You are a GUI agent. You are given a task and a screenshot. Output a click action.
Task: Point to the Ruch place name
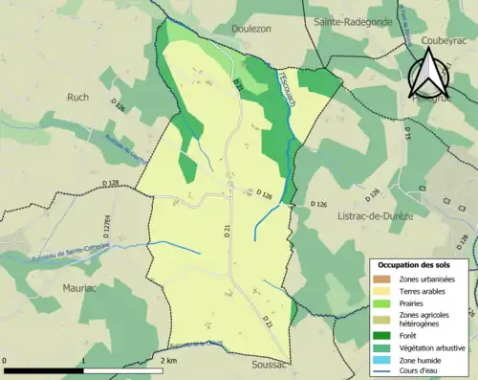coord(78,97)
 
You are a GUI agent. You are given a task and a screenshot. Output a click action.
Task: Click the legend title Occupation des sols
coord(420,264)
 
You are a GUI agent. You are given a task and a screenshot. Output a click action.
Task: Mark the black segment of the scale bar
coord(44,369)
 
